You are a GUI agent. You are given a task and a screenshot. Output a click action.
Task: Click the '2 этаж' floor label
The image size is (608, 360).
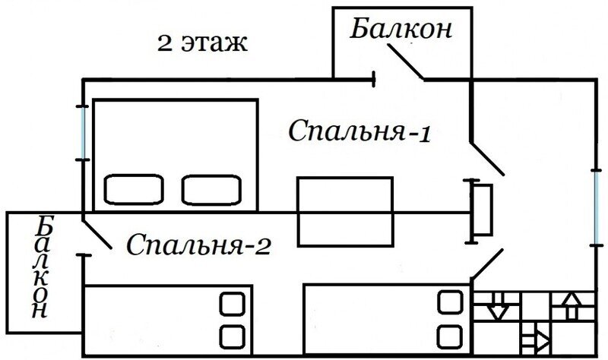202,43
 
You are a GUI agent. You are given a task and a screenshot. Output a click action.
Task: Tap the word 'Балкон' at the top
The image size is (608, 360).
402,30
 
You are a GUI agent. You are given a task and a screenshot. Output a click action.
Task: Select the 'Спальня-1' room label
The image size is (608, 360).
360,131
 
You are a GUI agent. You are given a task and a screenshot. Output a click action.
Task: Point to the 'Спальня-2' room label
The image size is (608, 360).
198,245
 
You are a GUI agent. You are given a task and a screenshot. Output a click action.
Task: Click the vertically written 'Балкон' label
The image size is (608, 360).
43,267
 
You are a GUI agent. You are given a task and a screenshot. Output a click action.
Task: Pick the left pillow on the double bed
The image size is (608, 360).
135,189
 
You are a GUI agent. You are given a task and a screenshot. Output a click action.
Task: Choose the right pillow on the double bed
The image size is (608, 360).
211,189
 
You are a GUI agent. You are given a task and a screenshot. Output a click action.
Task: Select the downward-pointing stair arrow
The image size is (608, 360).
498,307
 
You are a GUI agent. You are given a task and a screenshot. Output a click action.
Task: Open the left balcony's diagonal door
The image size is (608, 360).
97,235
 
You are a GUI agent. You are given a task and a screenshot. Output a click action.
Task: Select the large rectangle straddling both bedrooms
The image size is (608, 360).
344,211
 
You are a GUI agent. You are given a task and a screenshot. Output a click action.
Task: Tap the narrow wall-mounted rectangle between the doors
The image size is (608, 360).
482,211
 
